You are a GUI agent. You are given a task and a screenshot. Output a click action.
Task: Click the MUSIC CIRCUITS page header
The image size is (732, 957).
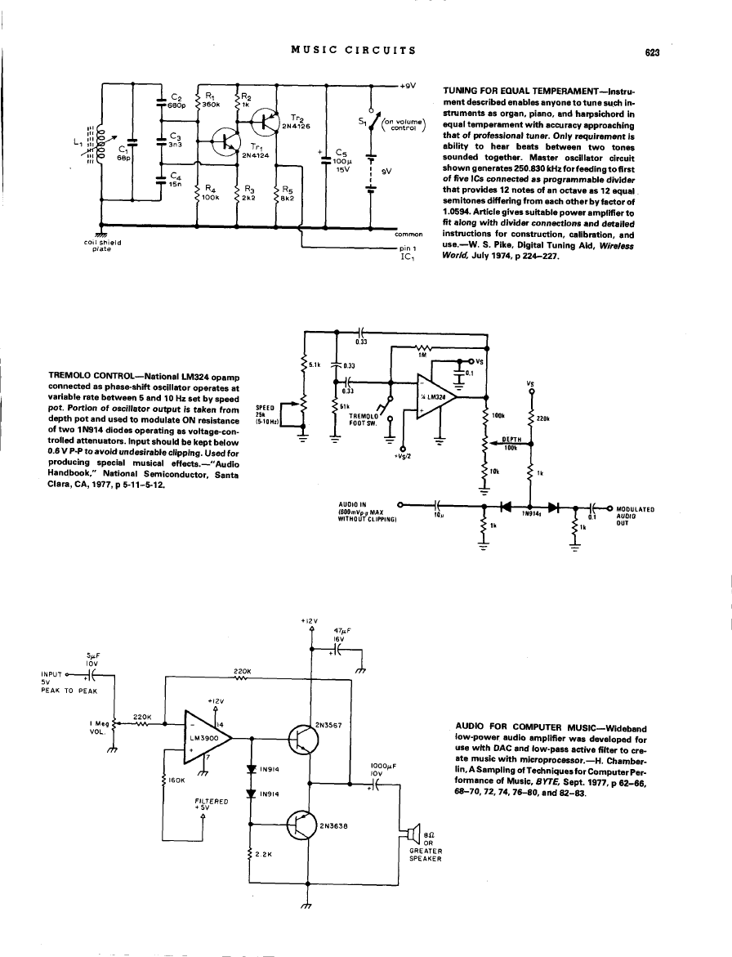point(354,50)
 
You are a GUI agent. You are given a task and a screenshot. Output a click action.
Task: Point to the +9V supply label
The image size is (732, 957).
point(408,85)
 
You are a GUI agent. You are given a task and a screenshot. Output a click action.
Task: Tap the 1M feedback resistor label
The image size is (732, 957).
point(422,355)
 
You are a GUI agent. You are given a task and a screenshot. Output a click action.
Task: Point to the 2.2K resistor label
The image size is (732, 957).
point(263,855)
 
